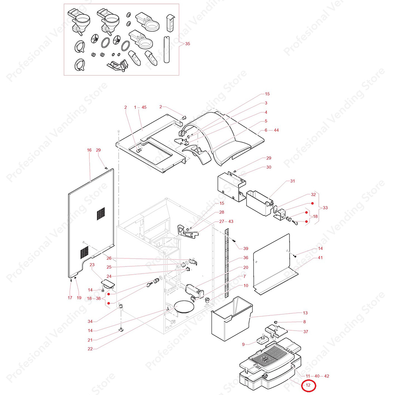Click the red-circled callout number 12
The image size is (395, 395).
coord(308,385)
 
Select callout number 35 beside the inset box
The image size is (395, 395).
coord(187,44)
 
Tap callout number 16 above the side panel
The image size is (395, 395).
coord(89,150)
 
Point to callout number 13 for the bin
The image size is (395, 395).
coord(305,313)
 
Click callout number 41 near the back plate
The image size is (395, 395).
coord(320,258)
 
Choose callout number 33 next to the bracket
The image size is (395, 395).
coord(325,208)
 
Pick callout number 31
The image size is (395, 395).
coord(292,181)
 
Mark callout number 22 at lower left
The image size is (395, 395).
coord(90,349)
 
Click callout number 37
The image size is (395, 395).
coord(306,332)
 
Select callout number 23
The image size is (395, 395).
coord(92,265)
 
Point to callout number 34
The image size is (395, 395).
coord(90,321)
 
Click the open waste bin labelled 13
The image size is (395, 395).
coord(231,318)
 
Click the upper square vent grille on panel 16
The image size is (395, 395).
coord(101,214)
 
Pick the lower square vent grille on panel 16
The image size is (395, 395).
coord(84,251)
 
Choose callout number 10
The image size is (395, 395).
coord(246,286)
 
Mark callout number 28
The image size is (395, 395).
coord(222,212)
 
